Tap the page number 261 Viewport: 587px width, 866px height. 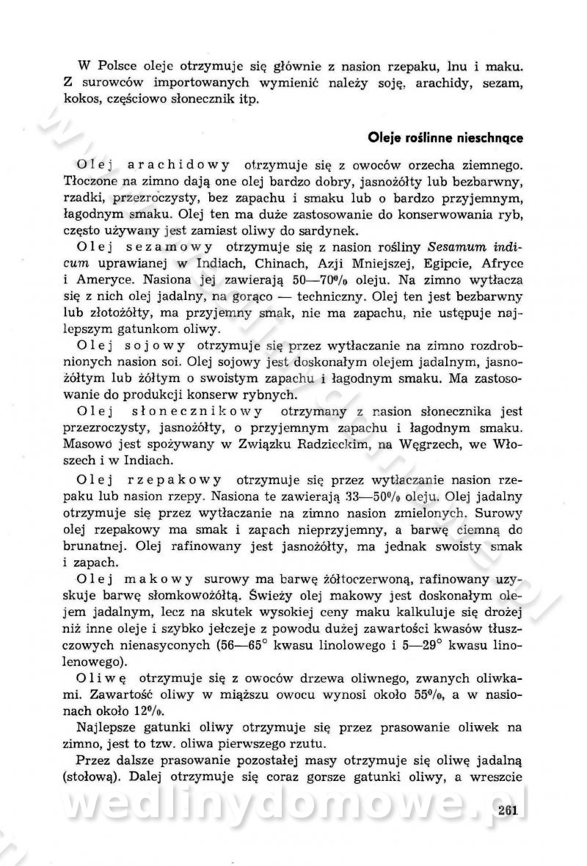click(x=506, y=810)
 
